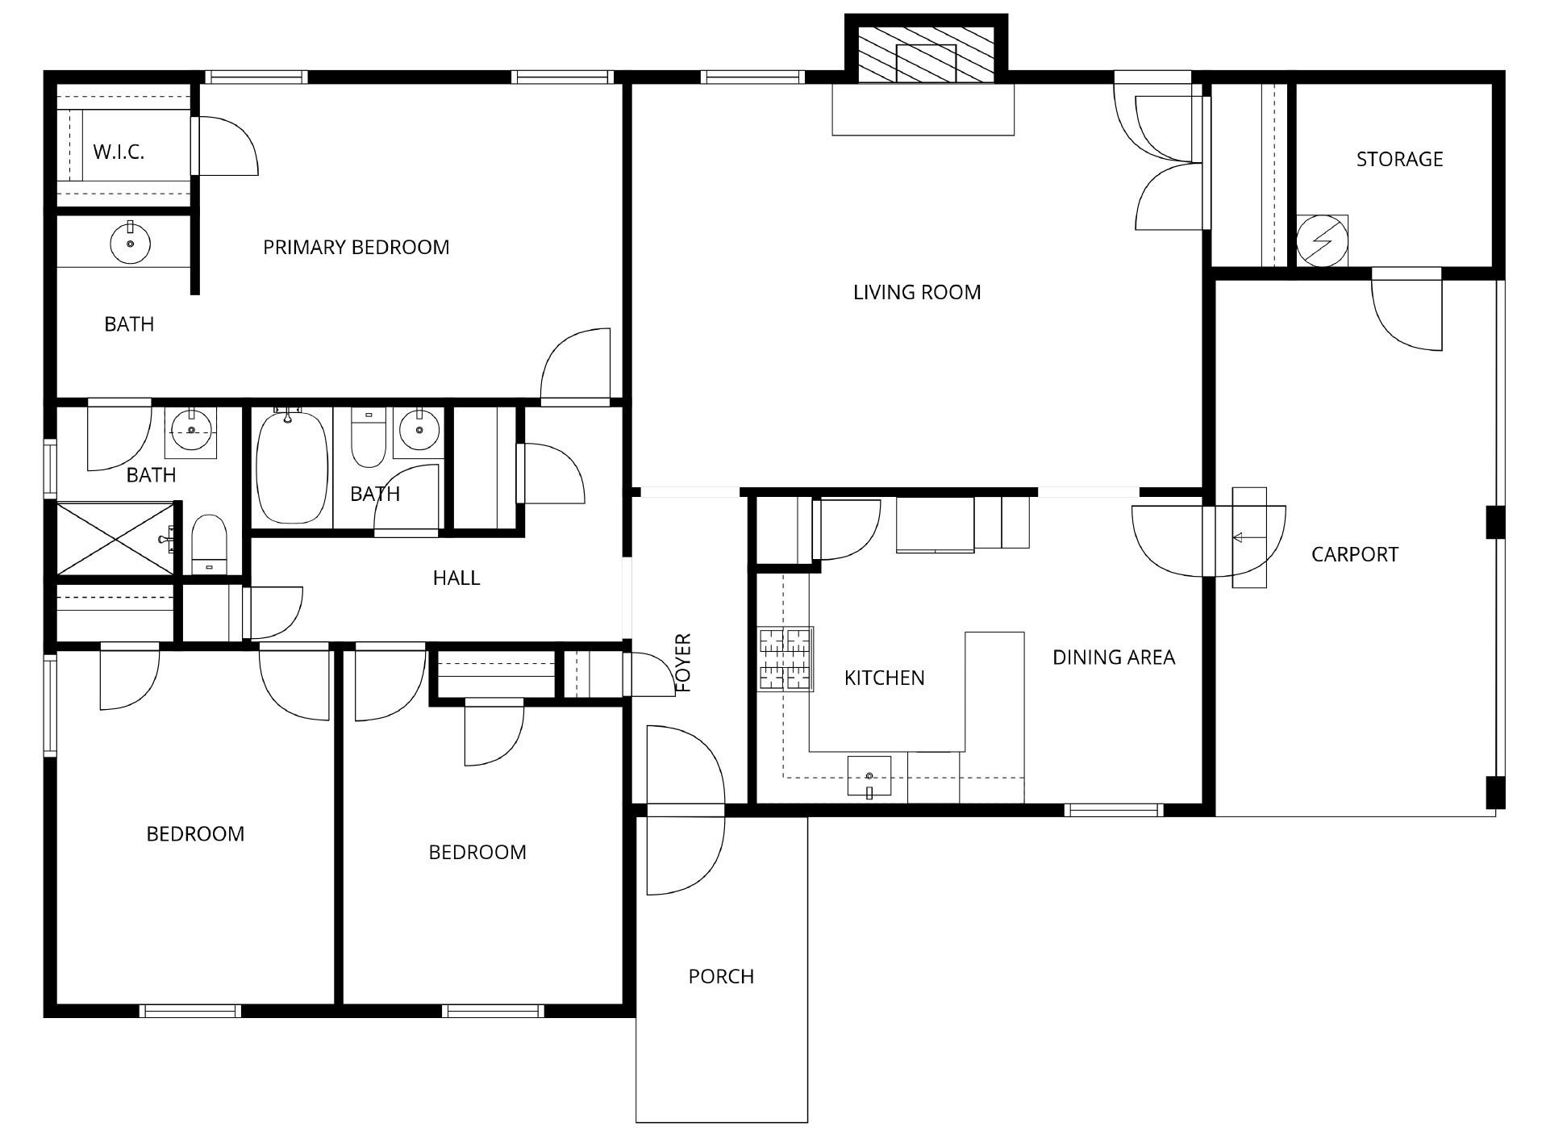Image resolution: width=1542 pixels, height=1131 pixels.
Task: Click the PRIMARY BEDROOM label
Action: (x=356, y=247)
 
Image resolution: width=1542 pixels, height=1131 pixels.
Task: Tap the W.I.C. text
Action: (x=119, y=152)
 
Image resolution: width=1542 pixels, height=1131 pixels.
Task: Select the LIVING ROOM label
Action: (x=917, y=292)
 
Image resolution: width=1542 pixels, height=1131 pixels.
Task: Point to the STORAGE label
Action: (x=1399, y=159)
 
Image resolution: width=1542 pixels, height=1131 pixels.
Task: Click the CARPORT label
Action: (x=1355, y=554)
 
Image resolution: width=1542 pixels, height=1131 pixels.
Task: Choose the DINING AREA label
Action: (x=1114, y=657)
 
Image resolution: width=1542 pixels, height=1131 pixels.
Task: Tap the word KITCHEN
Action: (x=884, y=678)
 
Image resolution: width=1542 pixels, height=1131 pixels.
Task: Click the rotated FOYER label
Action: (x=683, y=663)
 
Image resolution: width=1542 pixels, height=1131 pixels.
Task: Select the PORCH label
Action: (x=721, y=976)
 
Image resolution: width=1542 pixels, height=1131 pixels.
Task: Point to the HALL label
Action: (x=456, y=578)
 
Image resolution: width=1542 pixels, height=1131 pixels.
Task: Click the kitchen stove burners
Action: (x=786, y=658)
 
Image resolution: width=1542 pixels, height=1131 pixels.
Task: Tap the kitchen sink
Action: (x=869, y=776)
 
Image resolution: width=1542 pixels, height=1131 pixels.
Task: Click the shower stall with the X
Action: (x=115, y=538)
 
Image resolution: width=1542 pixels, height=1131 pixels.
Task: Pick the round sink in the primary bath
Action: (x=130, y=243)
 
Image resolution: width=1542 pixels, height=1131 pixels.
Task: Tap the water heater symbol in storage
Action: (x=1322, y=240)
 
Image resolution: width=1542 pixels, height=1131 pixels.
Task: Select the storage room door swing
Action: (x=1407, y=311)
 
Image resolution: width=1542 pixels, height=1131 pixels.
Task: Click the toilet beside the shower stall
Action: (x=210, y=545)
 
